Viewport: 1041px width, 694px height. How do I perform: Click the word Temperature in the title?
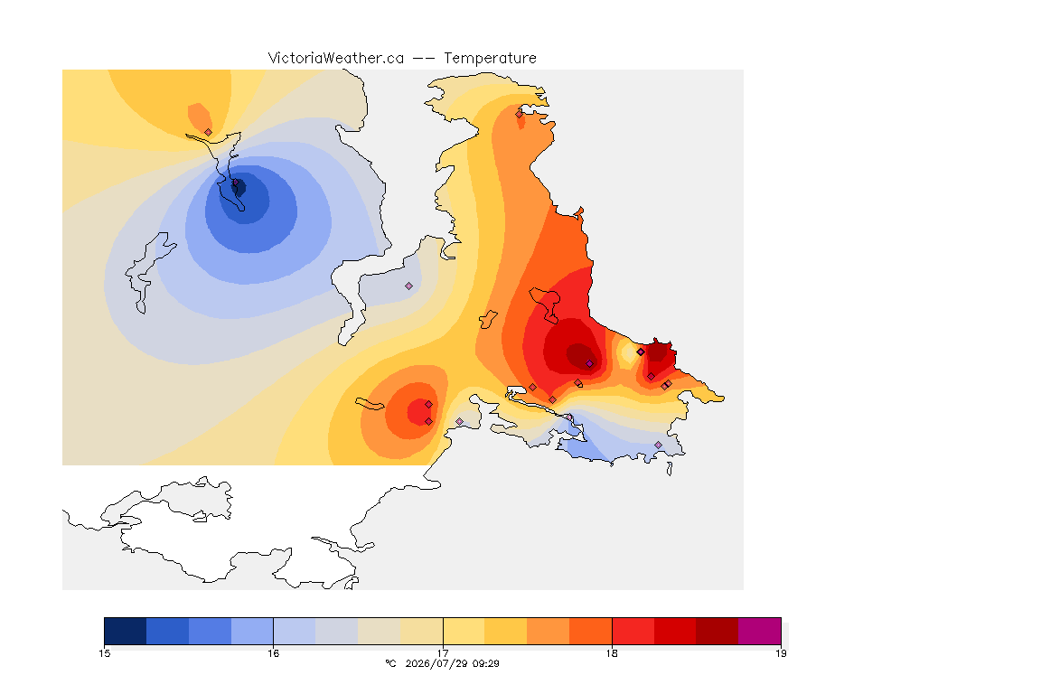point(490,59)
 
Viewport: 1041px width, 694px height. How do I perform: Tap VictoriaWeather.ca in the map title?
point(336,59)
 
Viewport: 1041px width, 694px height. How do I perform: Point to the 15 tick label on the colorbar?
point(104,653)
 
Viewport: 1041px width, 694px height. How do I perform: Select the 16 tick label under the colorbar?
point(274,653)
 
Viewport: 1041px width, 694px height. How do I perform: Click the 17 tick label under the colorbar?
point(443,653)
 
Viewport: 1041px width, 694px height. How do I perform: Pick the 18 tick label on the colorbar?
point(612,653)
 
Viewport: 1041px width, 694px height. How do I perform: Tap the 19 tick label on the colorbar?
point(782,653)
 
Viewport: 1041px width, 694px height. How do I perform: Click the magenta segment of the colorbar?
point(759,631)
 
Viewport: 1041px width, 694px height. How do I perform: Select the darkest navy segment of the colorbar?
point(126,631)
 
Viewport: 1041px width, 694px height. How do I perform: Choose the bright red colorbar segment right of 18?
point(633,631)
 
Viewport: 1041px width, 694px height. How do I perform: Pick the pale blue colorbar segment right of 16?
point(295,631)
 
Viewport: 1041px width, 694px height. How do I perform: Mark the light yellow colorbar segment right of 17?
point(464,631)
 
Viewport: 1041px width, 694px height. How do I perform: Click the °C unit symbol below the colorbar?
point(391,663)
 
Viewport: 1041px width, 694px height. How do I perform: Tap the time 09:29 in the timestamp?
point(484,663)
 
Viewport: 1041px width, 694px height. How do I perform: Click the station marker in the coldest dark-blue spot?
point(235,182)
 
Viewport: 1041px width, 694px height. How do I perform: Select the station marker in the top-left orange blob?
point(209,132)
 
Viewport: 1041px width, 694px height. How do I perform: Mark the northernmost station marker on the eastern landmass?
point(520,114)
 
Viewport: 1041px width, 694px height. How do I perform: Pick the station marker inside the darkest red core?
point(589,363)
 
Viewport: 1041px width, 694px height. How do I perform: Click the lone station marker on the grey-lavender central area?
point(409,286)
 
